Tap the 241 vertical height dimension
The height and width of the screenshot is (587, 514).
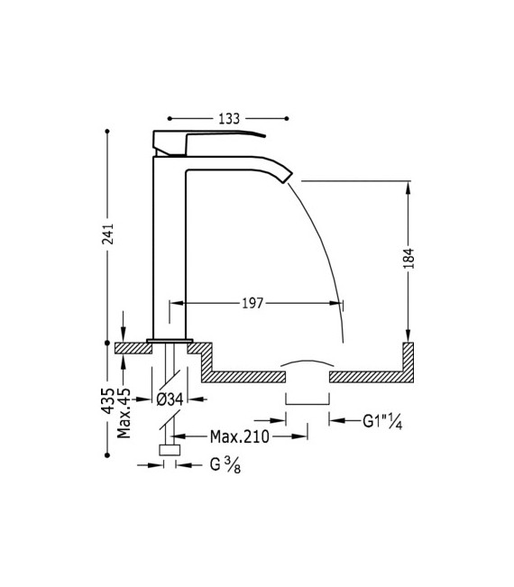pos(108,235)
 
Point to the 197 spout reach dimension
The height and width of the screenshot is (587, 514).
pos(252,304)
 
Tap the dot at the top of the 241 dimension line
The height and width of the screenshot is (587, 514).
pos(108,132)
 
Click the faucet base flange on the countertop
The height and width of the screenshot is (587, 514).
pos(170,339)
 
